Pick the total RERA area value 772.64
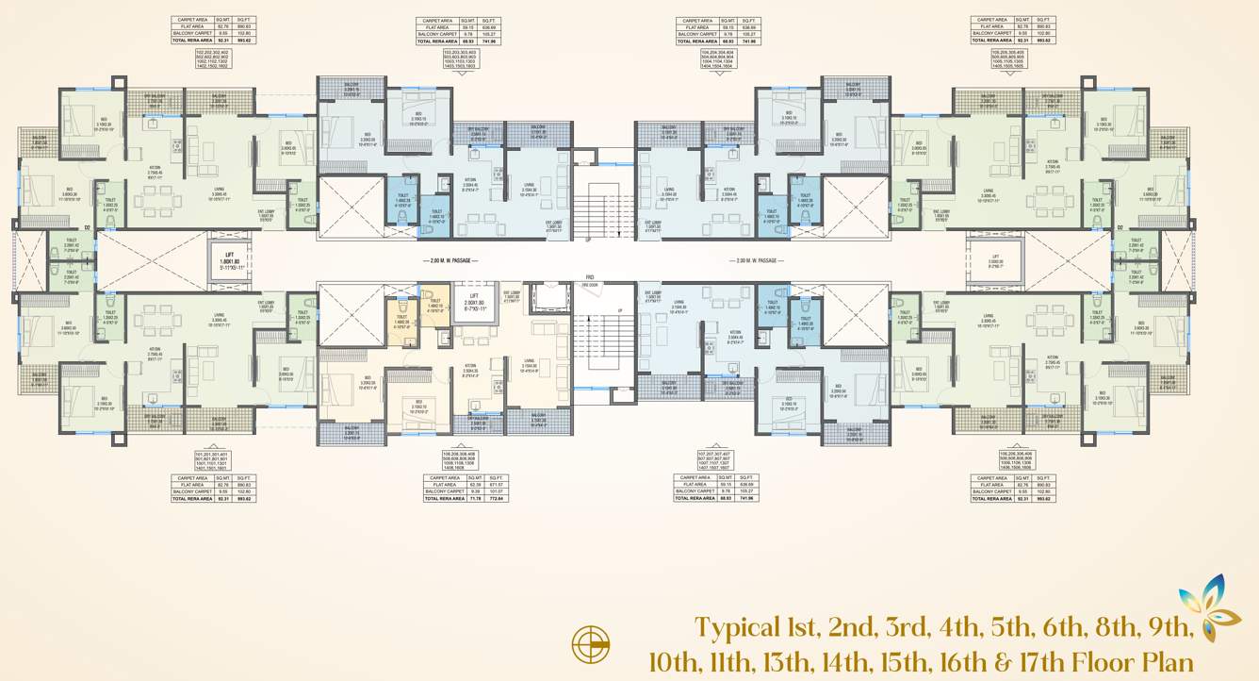point(496,498)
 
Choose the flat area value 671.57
point(496,485)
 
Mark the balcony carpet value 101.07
point(496,491)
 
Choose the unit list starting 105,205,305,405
point(1001,58)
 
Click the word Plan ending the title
point(1167,662)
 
